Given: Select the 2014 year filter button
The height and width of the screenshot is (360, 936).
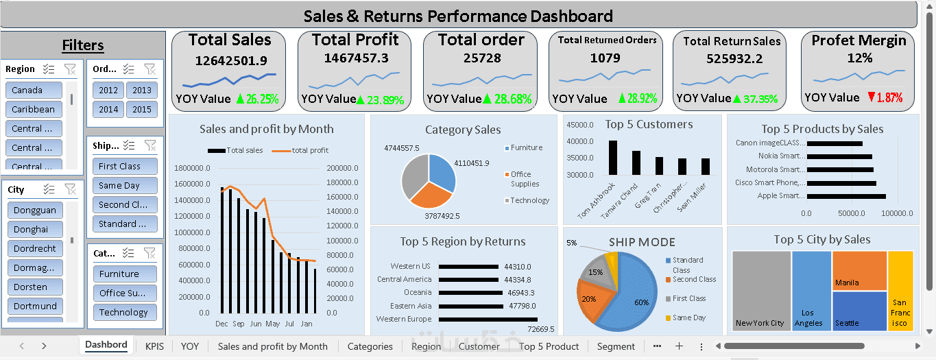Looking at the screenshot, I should (108, 109).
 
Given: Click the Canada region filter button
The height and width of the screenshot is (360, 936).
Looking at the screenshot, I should (34, 90).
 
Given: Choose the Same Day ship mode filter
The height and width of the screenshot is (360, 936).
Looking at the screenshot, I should (125, 185).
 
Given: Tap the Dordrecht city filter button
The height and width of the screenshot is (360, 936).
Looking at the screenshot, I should (34, 248).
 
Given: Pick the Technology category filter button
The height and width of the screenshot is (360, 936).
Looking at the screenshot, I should (124, 312).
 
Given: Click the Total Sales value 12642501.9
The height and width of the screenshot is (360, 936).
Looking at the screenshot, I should (231, 60).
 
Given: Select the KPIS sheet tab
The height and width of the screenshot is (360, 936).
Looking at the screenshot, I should (154, 346).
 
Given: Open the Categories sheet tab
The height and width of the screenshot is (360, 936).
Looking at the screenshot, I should (370, 346).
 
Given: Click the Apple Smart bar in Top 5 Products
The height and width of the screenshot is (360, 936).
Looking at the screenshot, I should (846, 196).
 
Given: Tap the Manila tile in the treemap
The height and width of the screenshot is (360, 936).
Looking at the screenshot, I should (859, 271).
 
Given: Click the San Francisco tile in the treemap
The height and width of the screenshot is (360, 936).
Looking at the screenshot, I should (900, 291).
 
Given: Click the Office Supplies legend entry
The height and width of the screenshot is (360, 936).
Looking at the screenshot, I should (525, 179).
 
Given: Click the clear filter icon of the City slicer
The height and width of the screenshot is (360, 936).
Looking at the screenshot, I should (70, 189).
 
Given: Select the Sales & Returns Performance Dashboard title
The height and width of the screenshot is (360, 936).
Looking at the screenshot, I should (458, 16).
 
